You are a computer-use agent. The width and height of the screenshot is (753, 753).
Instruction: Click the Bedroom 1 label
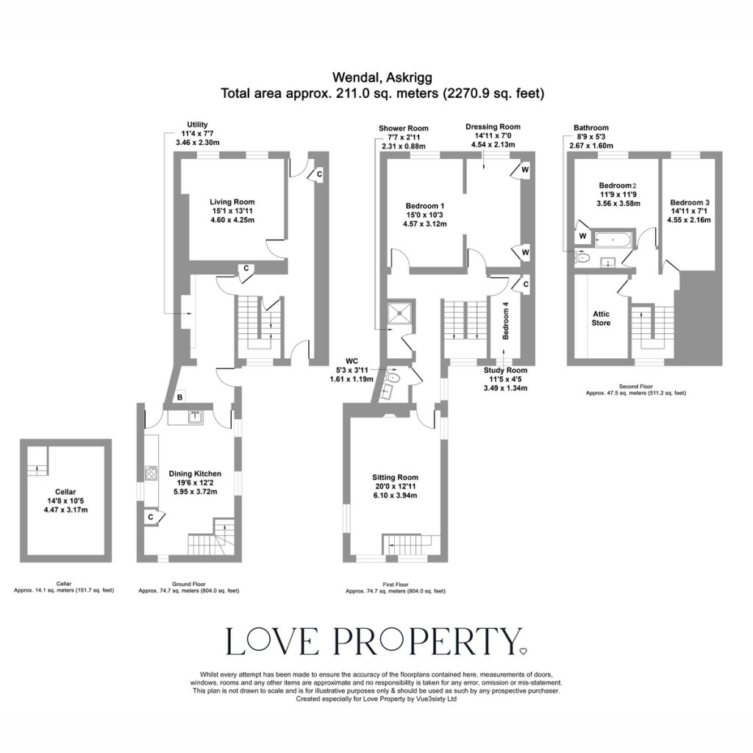coord(424,214)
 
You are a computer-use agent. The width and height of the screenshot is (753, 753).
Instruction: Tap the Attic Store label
coord(601,318)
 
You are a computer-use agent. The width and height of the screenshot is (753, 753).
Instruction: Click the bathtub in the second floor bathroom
coord(612,239)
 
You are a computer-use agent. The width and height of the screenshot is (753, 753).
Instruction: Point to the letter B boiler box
coord(180,398)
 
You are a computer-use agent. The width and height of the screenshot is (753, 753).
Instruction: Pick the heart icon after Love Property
coord(523,651)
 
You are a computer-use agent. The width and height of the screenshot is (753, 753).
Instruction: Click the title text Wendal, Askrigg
coord(382,76)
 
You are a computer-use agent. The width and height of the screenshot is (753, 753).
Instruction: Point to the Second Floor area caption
coord(635,390)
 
